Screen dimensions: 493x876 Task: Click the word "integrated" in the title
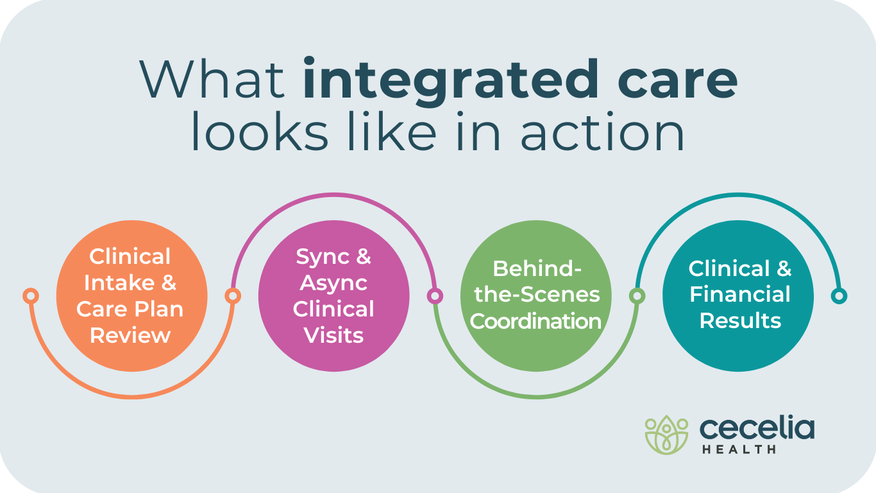[x=448, y=80]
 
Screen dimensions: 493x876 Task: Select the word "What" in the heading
[x=212, y=80]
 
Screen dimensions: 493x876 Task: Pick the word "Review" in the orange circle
[x=131, y=335]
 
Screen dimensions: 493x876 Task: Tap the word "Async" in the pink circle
[x=333, y=282]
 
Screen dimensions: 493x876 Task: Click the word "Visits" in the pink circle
[x=333, y=335]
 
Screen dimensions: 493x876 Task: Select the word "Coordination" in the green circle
[x=536, y=321]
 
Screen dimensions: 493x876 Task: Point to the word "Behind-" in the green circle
[x=536, y=268]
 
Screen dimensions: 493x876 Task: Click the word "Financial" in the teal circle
[x=739, y=295]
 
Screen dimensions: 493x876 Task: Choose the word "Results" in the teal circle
[x=739, y=320]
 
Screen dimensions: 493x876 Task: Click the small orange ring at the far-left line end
[x=30, y=296]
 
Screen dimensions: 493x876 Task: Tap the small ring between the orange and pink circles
[x=233, y=296]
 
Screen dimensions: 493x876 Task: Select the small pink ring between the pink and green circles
[x=435, y=296]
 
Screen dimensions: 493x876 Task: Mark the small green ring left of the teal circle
[x=637, y=296]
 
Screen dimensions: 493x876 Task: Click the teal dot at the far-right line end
[x=839, y=296]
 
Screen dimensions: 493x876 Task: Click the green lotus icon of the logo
[x=666, y=434]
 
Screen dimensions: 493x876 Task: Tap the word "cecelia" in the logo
[x=757, y=428]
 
